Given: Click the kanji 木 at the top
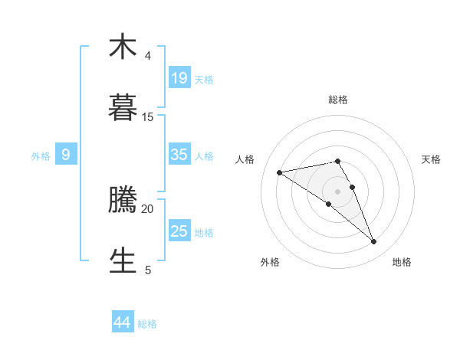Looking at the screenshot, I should [123, 47].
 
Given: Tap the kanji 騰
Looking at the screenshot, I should [123, 200].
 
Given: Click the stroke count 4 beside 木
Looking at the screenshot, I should [147, 56].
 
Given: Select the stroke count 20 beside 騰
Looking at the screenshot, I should [147, 208].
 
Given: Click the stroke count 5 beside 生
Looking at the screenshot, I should [147, 270].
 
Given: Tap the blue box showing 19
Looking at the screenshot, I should [179, 77].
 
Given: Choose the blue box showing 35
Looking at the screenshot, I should [179, 154].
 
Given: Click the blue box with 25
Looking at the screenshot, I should [179, 231].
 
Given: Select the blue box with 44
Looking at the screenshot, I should [123, 322].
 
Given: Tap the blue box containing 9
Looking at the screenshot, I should [66, 154].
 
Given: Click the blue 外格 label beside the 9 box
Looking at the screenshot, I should [41, 155].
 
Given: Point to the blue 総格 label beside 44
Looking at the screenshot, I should [147, 324].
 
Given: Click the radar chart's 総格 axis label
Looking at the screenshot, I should [337, 100].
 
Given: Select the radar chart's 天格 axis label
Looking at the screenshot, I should [431, 159].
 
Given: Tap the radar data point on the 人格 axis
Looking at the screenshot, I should [280, 172].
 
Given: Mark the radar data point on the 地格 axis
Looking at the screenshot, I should [373, 241].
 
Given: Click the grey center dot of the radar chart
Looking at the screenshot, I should [337, 191].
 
